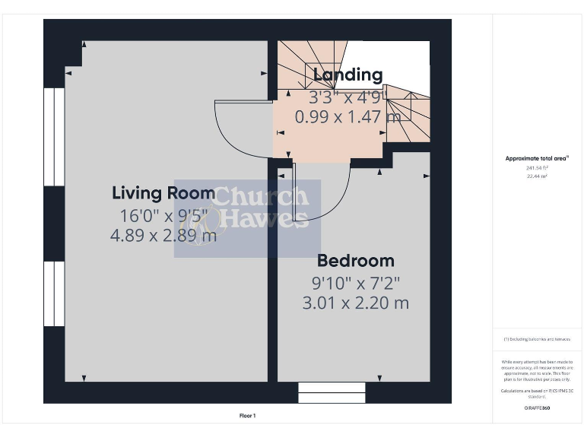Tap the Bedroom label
tap(355, 261)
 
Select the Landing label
tap(348, 75)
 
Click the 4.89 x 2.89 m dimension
tap(163, 236)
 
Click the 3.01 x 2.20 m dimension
tap(355, 303)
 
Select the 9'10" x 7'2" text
tap(355, 283)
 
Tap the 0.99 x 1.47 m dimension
tap(348, 117)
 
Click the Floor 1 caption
tap(248, 416)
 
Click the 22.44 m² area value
tap(537, 176)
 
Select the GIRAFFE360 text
tap(537, 408)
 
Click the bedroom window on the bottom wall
tap(332, 392)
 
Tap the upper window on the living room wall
tap(54, 137)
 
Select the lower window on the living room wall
tap(54, 294)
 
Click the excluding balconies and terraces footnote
tap(537, 338)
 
